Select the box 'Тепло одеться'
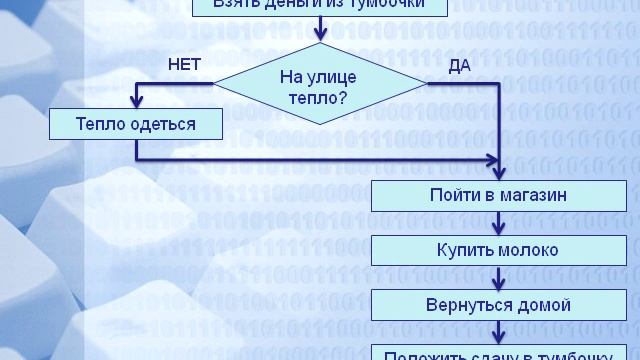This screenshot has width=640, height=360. (x=136, y=124)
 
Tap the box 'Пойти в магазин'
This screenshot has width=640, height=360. (x=498, y=195)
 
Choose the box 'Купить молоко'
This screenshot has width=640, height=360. (x=498, y=250)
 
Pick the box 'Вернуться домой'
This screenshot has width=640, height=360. (x=498, y=304)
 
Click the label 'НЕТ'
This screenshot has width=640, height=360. (x=185, y=64)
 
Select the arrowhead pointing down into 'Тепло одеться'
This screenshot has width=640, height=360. (x=136, y=102)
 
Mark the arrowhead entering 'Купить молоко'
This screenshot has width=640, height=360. (x=498, y=228)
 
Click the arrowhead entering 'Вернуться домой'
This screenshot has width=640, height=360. (x=498, y=282)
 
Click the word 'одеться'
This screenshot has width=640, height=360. (x=165, y=124)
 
